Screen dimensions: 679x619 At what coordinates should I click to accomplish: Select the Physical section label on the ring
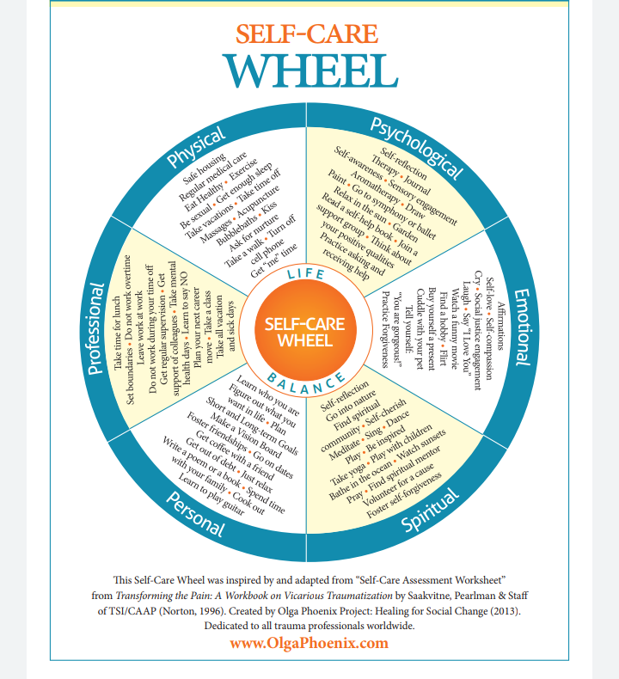coord(197,149)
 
